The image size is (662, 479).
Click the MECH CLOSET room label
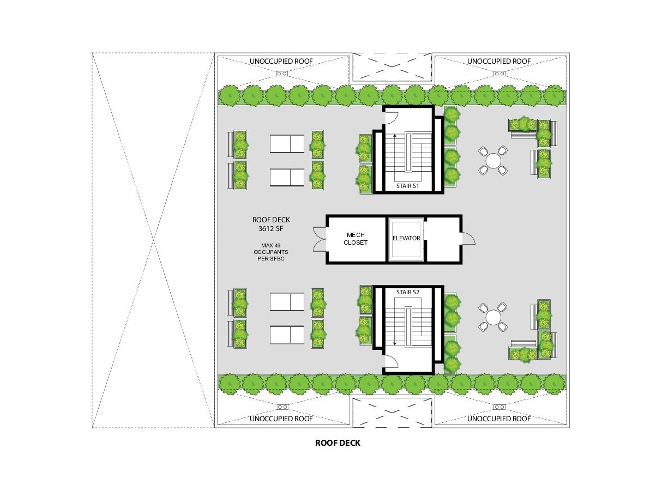[x=356, y=239]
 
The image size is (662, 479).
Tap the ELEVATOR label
[x=406, y=238]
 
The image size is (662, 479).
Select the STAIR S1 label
[x=407, y=186]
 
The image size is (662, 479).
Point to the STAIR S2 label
[x=407, y=292]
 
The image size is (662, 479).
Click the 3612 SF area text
[x=270, y=228]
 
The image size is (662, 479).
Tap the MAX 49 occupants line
[x=270, y=245]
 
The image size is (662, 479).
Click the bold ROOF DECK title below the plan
[x=338, y=443]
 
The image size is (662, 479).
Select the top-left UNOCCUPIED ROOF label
[x=281, y=61]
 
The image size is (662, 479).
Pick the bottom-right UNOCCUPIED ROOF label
[x=499, y=419]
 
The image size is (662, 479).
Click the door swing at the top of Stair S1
[x=392, y=118]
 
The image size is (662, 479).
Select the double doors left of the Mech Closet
[x=320, y=239]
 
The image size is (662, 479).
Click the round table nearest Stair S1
[x=494, y=161]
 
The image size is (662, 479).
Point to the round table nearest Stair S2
[x=494, y=317]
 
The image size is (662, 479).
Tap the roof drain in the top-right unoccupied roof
[x=499, y=74]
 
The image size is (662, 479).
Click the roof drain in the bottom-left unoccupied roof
[x=282, y=407]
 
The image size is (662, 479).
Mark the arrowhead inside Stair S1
[x=395, y=136]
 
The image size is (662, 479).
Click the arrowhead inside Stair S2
[x=395, y=343]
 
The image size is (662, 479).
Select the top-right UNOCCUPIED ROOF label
[x=499, y=61]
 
